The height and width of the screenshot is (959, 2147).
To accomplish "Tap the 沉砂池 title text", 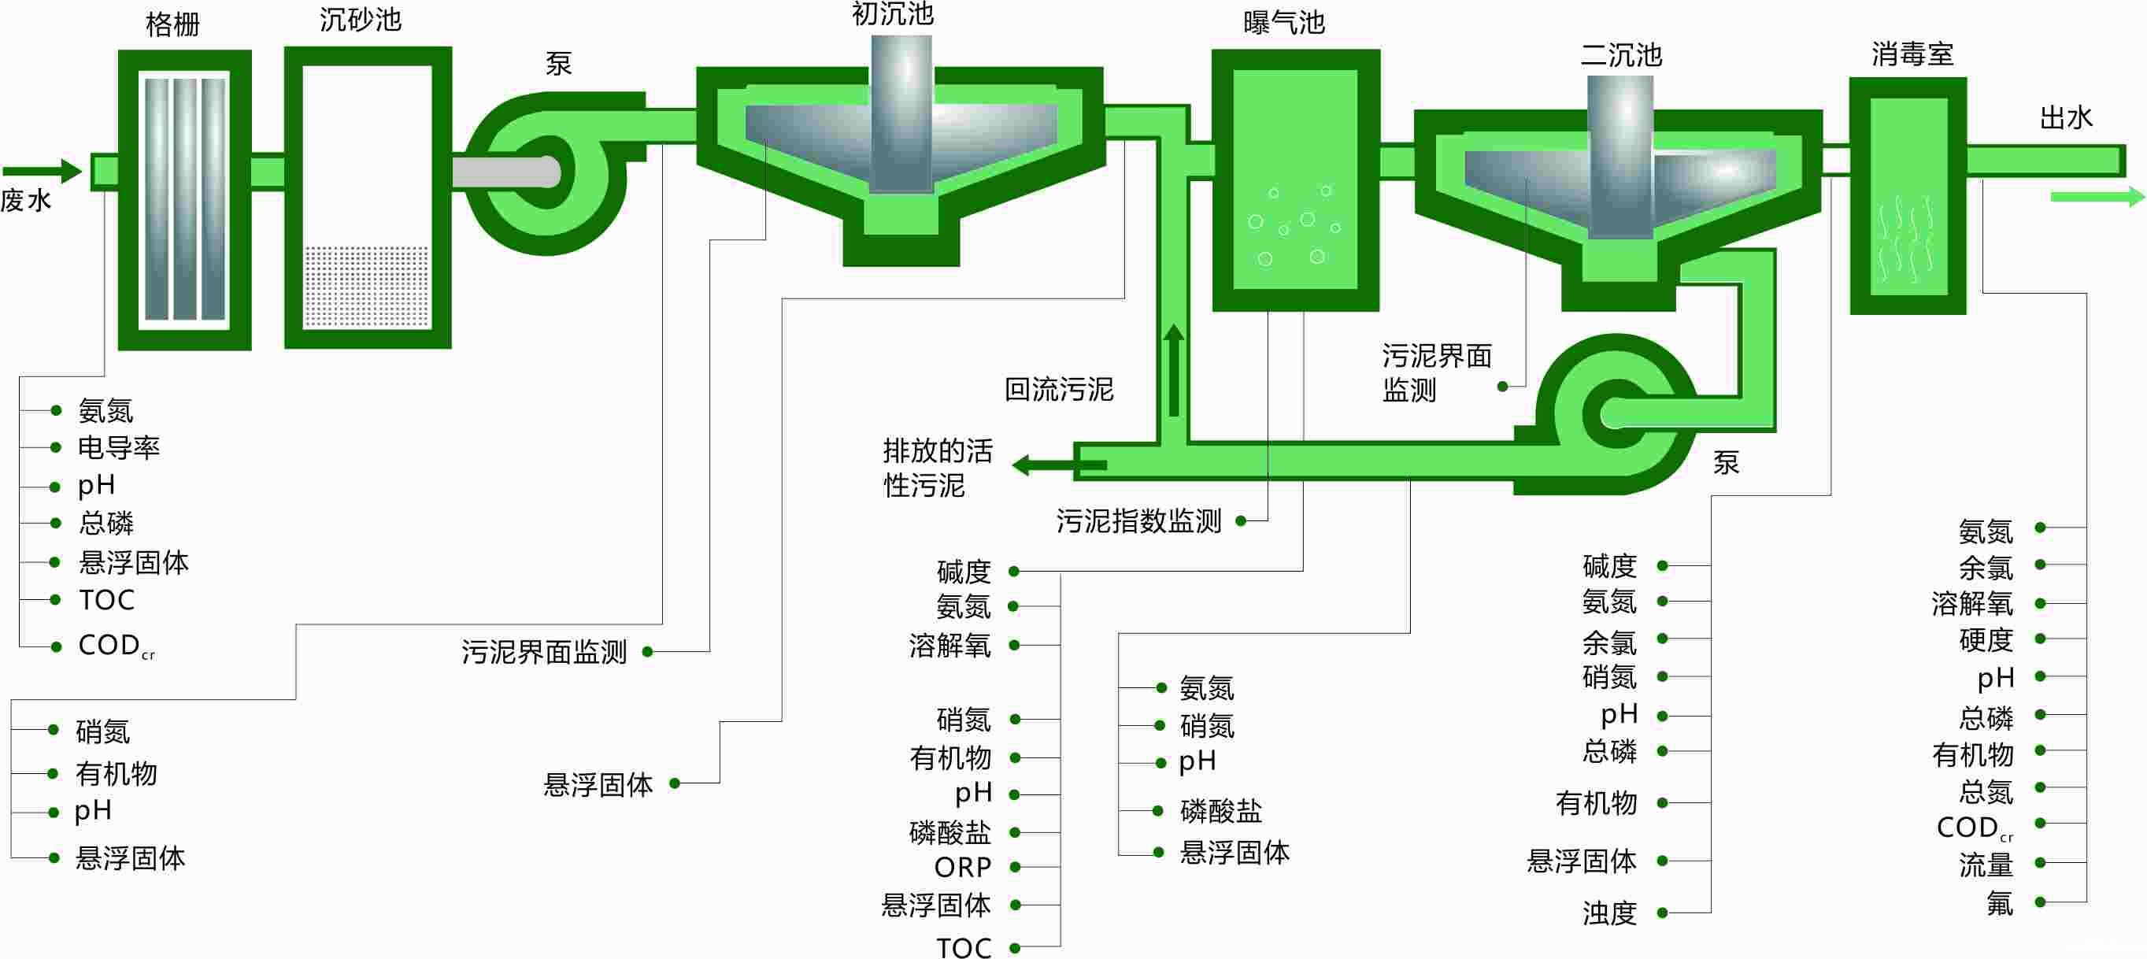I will [x=360, y=20].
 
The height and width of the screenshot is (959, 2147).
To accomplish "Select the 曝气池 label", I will [x=1283, y=23].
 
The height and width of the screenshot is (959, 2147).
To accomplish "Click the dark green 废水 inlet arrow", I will [x=42, y=172].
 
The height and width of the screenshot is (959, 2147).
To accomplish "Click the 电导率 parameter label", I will [x=118, y=448].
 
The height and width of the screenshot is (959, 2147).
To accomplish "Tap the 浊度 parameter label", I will [x=1609, y=914].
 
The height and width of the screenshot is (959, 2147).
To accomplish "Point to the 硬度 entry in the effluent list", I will [x=1986, y=640].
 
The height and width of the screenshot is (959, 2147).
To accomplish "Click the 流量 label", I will [x=1986, y=865].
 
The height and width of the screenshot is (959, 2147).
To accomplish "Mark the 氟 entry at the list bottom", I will [x=2000, y=903].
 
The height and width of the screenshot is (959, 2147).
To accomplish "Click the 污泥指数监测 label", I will [x=1138, y=521].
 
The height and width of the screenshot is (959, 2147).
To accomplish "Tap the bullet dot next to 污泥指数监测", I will [x=1240, y=521].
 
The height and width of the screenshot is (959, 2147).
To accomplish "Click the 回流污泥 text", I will [x=1058, y=389].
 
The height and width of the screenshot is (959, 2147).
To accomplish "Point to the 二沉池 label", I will [x=1621, y=56].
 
